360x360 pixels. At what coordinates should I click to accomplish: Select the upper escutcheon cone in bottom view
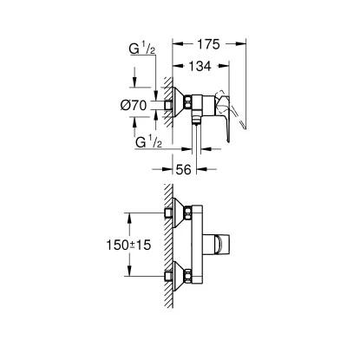pos(185,213)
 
